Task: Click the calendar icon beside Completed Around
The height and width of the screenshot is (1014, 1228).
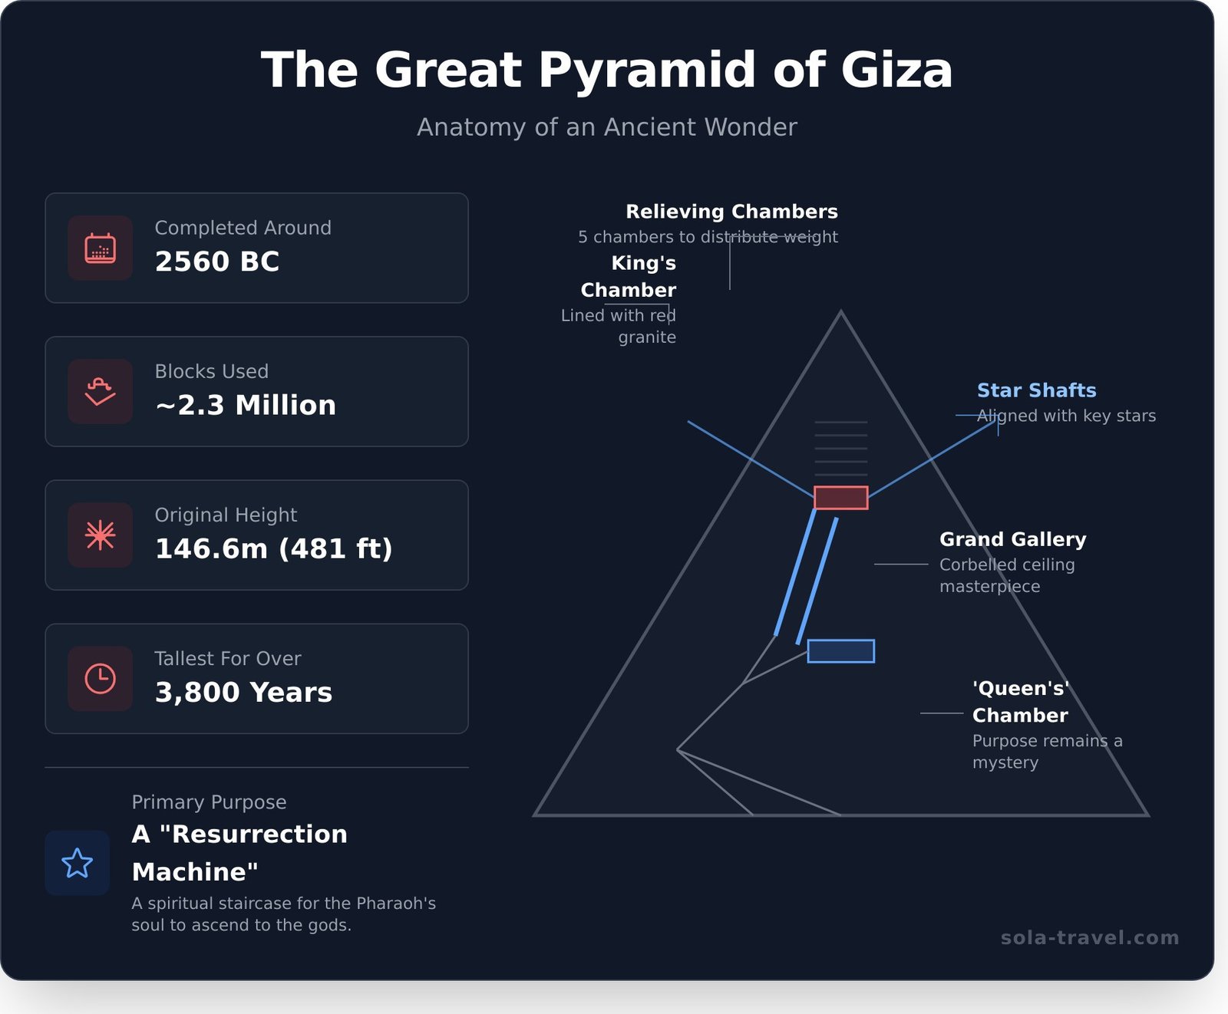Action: [x=100, y=248]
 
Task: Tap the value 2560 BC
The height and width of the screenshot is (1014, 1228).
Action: [x=217, y=262]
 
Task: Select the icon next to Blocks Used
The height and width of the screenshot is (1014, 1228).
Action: [x=100, y=391]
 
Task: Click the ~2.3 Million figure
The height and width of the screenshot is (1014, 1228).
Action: [x=246, y=405]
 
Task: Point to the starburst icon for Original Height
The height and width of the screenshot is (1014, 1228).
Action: [x=100, y=535]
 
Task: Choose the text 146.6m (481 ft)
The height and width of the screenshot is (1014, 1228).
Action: [x=273, y=548]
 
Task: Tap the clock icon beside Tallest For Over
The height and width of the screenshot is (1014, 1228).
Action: [x=100, y=679]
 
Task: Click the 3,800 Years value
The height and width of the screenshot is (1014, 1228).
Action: [x=243, y=692]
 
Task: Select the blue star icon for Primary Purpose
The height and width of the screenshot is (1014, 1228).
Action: [x=77, y=863]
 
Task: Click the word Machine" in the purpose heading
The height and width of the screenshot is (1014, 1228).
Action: [x=195, y=872]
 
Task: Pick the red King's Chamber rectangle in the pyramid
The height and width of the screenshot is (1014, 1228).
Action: [x=840, y=498]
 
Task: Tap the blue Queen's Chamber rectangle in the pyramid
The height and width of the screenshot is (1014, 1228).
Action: [x=840, y=651]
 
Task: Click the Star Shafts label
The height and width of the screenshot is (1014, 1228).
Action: [x=1036, y=390]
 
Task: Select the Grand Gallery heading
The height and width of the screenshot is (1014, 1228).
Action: [x=1012, y=539]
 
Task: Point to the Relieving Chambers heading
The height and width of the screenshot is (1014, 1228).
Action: [x=731, y=212]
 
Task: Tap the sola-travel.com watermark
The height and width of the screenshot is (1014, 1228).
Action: [x=1090, y=937]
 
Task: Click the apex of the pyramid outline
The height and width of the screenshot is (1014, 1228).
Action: [x=840, y=312]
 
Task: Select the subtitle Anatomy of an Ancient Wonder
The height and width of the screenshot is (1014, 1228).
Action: [x=606, y=127]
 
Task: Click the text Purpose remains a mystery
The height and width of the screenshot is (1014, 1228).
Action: [x=1047, y=752]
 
